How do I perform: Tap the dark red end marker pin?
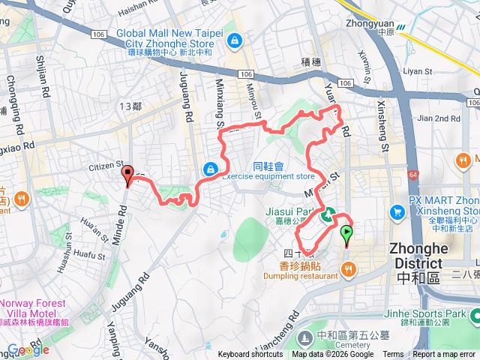tap(127, 175)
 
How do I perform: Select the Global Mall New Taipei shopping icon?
tap(235, 40)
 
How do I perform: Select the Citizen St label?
tap(105, 165)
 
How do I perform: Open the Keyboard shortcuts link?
tap(250, 355)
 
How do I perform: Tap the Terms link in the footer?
tap(393, 355)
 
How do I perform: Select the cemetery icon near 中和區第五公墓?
tap(305, 335)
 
